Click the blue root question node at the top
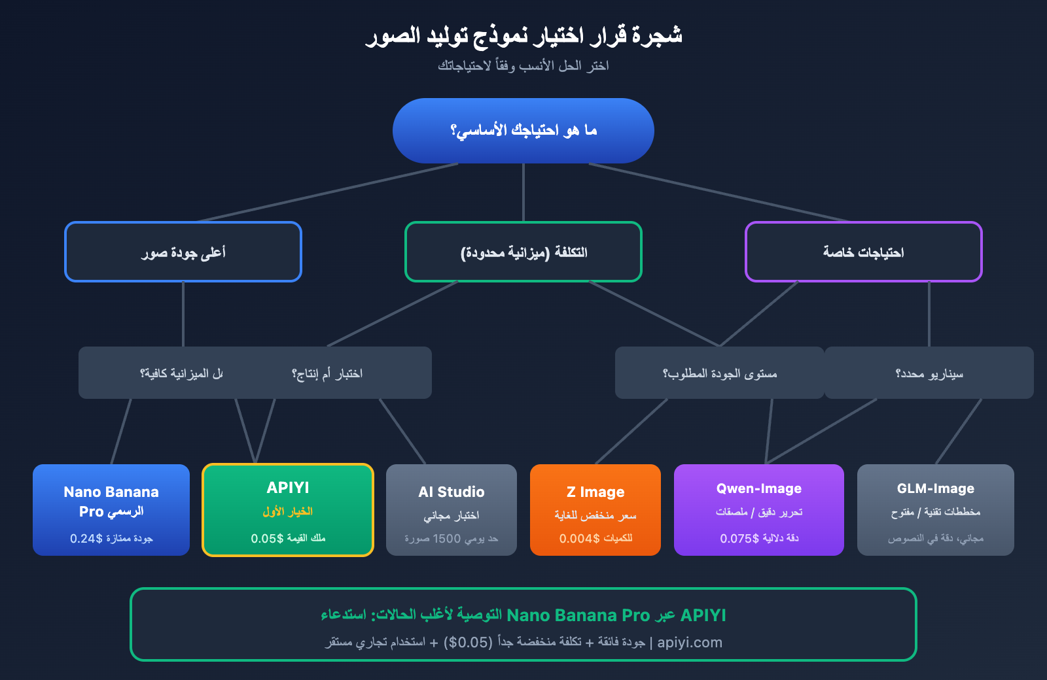click(523, 131)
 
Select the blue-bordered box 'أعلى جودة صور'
click(183, 252)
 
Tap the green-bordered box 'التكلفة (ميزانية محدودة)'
click(523, 252)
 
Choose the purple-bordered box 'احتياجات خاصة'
click(864, 252)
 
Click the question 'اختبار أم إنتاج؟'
click(327, 373)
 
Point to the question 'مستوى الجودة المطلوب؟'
click(720, 373)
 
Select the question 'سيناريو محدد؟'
click(929, 373)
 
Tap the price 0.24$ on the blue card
click(86, 539)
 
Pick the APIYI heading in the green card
click(288, 488)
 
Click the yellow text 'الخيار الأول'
click(288, 511)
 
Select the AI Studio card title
click(452, 492)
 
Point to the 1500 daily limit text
click(447, 539)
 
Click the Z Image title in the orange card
click(595, 492)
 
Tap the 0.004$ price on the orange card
click(579, 539)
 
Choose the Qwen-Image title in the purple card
click(759, 488)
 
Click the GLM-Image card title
click(936, 488)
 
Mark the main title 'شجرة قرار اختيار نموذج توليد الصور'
click(523, 35)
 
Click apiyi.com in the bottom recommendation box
click(690, 643)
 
